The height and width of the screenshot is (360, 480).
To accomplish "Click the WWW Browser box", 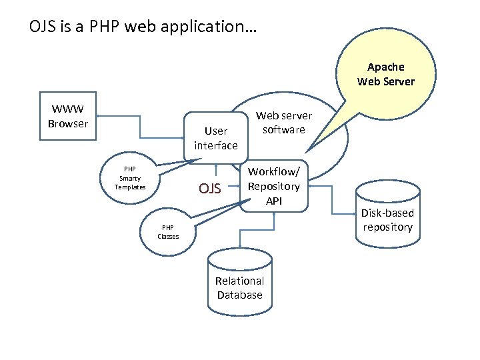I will click(68, 116).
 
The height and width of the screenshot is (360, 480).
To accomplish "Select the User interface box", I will click(215, 137).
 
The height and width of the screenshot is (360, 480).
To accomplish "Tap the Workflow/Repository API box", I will click(274, 186).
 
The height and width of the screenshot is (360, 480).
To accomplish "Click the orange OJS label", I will click(209, 189).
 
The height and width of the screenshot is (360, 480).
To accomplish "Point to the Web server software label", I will click(283, 123).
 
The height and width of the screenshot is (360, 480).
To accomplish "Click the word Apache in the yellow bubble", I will click(385, 67).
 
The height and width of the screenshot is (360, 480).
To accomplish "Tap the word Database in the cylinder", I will click(239, 295).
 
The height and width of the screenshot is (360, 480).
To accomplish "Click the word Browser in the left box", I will click(68, 123).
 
